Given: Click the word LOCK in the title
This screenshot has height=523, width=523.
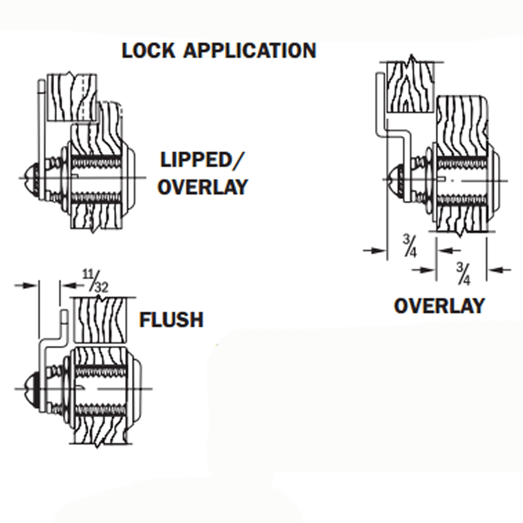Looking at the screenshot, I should click(148, 51).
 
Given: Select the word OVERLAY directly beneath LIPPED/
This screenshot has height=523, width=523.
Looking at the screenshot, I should click(202, 187).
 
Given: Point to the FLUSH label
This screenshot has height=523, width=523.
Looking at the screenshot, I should click(171, 320).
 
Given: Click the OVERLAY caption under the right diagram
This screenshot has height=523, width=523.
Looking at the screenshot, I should click(439, 306).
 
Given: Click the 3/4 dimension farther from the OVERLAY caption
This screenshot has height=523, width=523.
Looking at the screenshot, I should click(410, 246).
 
